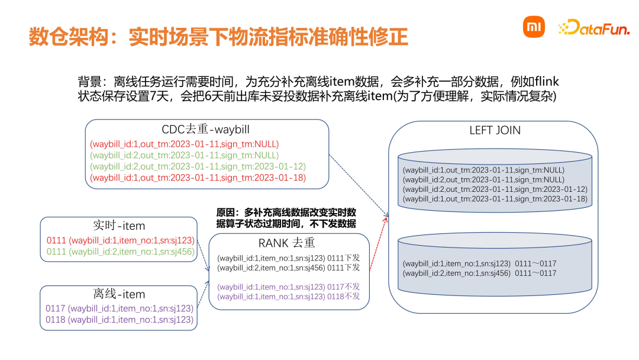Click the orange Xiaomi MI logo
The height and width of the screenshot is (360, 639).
[534, 27]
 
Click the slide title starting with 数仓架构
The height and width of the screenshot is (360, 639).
[218, 37]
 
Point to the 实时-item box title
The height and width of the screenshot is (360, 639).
[118, 226]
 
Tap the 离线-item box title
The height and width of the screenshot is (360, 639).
[118, 294]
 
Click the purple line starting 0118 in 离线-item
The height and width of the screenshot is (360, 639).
[120, 320]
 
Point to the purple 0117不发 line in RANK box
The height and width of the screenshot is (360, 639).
[288, 287]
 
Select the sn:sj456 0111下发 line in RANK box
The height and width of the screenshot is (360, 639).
[288, 268]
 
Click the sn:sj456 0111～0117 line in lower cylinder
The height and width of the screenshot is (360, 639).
[479, 273]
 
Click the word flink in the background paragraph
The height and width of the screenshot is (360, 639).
[545, 81]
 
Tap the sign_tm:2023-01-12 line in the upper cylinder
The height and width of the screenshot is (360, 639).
[495, 189]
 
